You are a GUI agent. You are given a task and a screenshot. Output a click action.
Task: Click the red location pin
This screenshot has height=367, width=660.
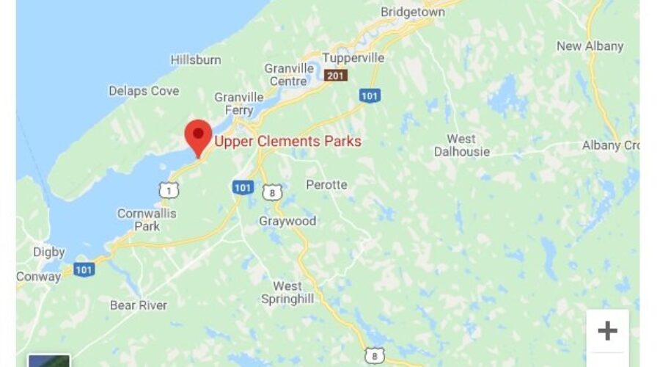pos(198,135)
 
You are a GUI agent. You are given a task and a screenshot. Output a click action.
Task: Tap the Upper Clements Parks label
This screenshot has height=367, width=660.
pos(287,141)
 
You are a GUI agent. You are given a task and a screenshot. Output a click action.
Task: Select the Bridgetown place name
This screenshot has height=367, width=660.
pos(413,12)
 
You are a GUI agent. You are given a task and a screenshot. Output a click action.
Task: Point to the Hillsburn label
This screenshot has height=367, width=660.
pos(196,59)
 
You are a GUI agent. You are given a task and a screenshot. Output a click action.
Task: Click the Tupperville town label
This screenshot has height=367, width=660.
pos(354,58)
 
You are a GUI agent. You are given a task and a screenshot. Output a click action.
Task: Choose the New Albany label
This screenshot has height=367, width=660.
pos(590,46)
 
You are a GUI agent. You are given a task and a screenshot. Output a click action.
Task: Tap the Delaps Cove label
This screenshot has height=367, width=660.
pos(144,91)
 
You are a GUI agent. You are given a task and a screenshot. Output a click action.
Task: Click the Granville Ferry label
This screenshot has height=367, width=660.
pos(239,103)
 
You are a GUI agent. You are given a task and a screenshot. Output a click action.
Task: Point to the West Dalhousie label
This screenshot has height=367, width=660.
pos(461,145)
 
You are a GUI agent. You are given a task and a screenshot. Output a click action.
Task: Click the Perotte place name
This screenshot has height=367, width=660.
pos(326,184)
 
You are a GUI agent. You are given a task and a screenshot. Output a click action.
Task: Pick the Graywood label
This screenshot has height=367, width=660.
pos(287,221)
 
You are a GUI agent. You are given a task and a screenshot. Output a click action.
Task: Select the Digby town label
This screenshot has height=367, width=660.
pos(49,252)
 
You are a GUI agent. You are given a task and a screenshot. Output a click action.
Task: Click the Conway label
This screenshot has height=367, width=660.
pos(39,277)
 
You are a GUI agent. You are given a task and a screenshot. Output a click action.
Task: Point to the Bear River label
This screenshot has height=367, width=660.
pos(139,305)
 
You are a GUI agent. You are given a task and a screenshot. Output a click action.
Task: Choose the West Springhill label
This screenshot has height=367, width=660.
pos(287,292)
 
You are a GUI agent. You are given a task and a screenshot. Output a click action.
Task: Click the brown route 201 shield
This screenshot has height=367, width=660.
pos(337,75)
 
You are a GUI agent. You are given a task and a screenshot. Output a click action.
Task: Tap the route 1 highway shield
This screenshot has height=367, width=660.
pos(168,190)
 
